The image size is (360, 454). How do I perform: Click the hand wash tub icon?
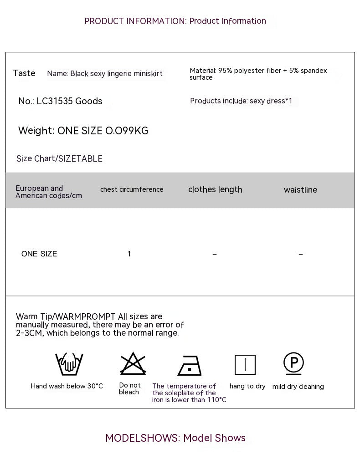coord(69,364)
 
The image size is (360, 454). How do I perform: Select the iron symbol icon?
coord(189,365)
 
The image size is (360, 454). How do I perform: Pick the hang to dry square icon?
coord(245,365)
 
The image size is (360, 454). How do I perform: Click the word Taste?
coord(24,73)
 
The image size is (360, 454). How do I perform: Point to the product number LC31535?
coord(55,101)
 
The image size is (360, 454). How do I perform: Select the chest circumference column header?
coord(132,189)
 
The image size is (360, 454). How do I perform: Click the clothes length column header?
coord(215,189)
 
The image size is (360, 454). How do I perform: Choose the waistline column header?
coord(300,190)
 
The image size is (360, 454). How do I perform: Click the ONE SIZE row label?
coord(39,254)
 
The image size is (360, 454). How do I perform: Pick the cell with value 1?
coord(129,254)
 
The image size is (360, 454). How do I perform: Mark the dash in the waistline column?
coord(300,254)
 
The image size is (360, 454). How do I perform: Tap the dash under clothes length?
coord(215,254)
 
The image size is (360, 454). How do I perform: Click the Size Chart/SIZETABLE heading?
coord(59,158)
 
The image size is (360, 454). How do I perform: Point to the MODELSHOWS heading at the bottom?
coord(175,438)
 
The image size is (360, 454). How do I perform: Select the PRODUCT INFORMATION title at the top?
coord(175,21)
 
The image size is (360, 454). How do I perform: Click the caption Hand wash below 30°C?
coord(67,386)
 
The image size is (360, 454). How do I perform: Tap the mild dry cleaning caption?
coord(298,387)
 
